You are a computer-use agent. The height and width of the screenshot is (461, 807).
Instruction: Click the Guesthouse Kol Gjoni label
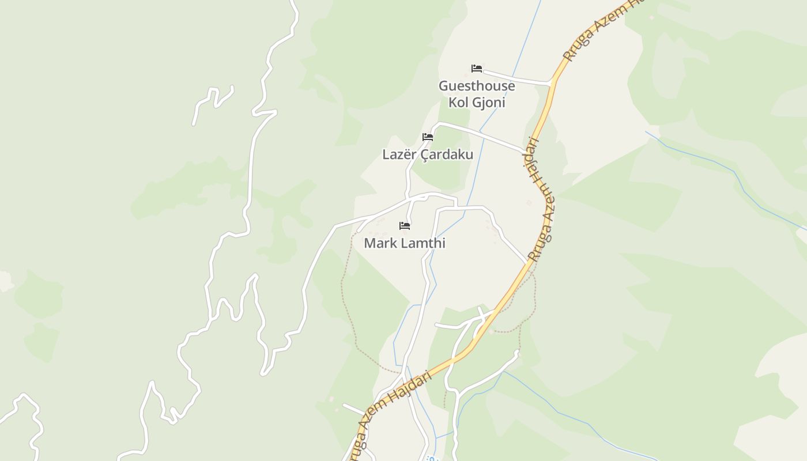coord(477,94)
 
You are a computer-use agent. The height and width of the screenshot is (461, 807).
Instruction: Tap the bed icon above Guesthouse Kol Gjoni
coord(477,69)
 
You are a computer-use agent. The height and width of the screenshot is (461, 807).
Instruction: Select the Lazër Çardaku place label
coord(428,154)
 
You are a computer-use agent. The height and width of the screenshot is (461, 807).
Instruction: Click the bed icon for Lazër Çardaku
coord(428,137)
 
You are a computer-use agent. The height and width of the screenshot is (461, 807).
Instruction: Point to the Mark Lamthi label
coord(405,243)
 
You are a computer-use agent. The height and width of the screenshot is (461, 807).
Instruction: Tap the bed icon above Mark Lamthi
coord(405,226)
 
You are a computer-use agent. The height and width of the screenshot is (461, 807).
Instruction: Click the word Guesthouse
coord(477,86)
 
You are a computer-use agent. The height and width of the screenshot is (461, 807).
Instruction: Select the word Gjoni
coord(489,103)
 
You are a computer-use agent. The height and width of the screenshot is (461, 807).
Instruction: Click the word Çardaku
coord(447,155)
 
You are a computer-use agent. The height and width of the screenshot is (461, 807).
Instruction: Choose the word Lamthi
coord(423,243)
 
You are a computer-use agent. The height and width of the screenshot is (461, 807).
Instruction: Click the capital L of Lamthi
coord(405,243)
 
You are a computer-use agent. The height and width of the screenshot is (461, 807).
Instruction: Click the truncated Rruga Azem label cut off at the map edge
coord(599,29)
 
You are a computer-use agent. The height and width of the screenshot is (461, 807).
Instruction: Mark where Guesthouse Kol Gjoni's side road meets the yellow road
coord(552,84)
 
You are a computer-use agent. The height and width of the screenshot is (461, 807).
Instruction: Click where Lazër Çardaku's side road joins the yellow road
coord(527,152)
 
